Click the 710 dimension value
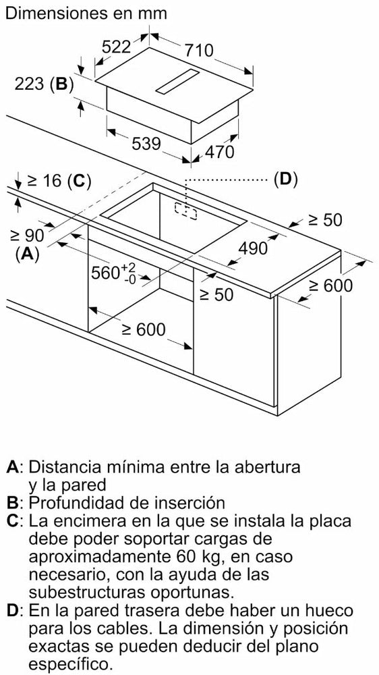click(199, 51)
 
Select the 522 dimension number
click(116, 47)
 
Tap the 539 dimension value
click(146, 143)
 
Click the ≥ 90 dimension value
click(28, 236)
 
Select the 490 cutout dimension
click(253, 248)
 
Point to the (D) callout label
click(286, 179)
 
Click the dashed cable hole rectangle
click(186, 210)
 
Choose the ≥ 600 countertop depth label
click(331, 286)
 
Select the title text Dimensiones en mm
click(87, 13)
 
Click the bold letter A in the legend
click(13, 466)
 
